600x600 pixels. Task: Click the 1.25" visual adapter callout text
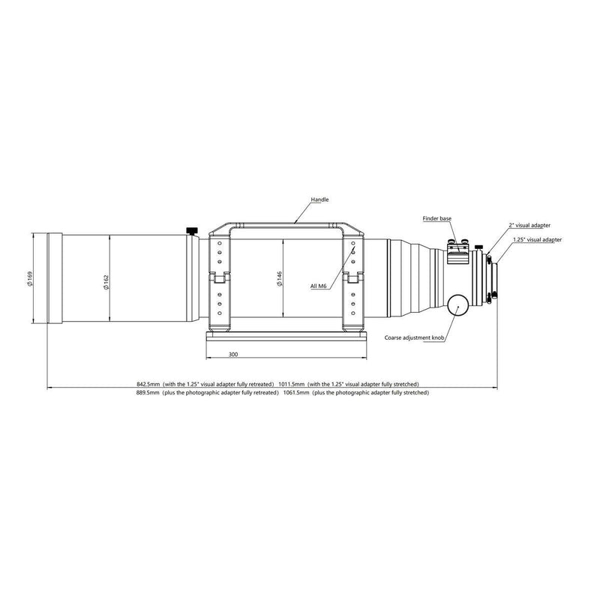coord(537,239)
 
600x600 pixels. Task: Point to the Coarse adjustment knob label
coord(415,339)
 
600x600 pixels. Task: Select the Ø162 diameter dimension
coord(106,278)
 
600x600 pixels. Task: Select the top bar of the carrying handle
coord(286,223)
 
